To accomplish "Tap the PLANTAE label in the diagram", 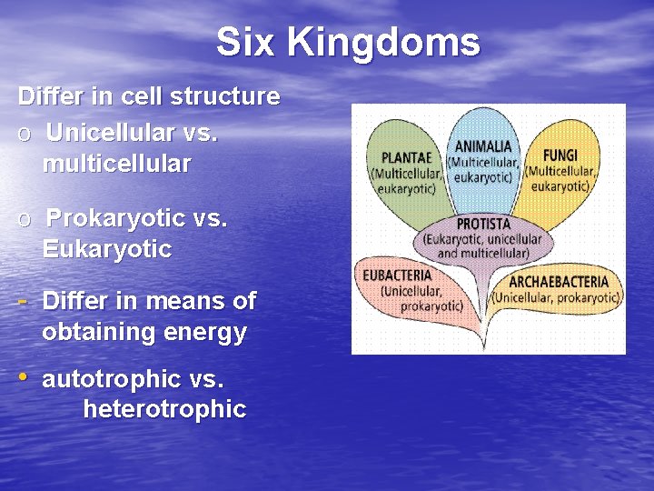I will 406,157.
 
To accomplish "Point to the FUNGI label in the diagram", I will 560,155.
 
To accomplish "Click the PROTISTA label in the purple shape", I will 482,224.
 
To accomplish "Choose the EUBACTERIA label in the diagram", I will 397,275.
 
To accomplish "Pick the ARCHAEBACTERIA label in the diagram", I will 559,282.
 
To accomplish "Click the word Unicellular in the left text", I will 111,133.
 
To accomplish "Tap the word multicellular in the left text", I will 116,165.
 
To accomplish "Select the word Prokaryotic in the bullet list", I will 116,218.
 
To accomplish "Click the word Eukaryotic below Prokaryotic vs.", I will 106,249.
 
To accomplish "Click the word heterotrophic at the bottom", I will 164,410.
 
